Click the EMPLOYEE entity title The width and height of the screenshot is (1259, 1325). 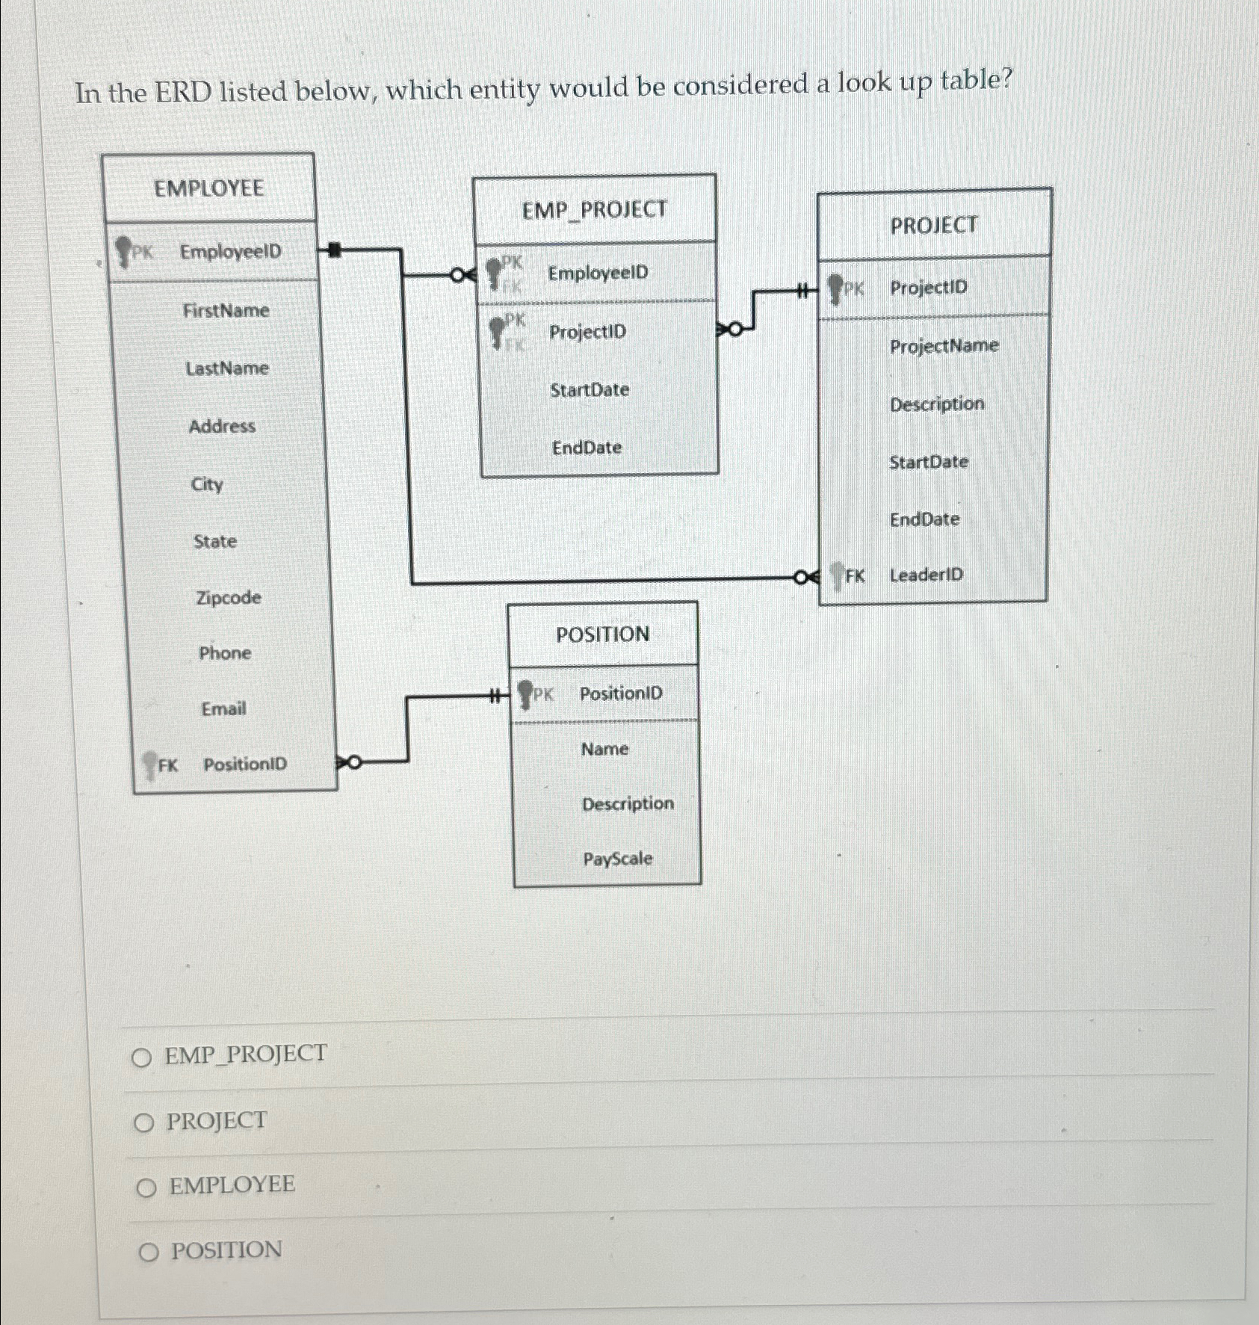pyautogui.click(x=208, y=188)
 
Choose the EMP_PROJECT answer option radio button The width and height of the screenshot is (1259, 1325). pyautogui.click(x=141, y=1057)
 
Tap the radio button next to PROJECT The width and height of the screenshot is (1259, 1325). pyautogui.click(x=143, y=1123)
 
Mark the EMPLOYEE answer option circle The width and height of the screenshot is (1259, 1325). pyautogui.click(x=146, y=1187)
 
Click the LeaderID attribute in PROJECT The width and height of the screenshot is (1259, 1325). pyautogui.click(x=926, y=575)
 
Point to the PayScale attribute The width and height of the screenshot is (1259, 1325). pyautogui.click(x=617, y=859)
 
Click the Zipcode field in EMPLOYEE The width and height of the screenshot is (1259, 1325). pyautogui.click(x=228, y=598)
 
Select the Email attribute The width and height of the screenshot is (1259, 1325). pyautogui.click(x=223, y=708)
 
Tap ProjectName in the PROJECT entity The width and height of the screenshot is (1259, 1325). pyautogui.click(x=944, y=346)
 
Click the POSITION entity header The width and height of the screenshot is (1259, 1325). pyautogui.click(x=602, y=634)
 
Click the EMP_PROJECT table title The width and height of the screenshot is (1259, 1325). pyautogui.click(x=594, y=210)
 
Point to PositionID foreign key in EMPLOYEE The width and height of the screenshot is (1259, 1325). pyautogui.click(x=244, y=765)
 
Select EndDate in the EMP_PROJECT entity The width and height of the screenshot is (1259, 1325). pyautogui.click(x=587, y=448)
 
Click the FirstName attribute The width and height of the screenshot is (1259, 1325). pyautogui.click(x=226, y=310)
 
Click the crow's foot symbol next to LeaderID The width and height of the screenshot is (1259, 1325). pyautogui.click(x=806, y=577)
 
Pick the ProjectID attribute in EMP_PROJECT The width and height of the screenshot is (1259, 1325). pyautogui.click(x=587, y=332)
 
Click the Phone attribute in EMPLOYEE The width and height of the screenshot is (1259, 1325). pyautogui.click(x=224, y=653)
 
